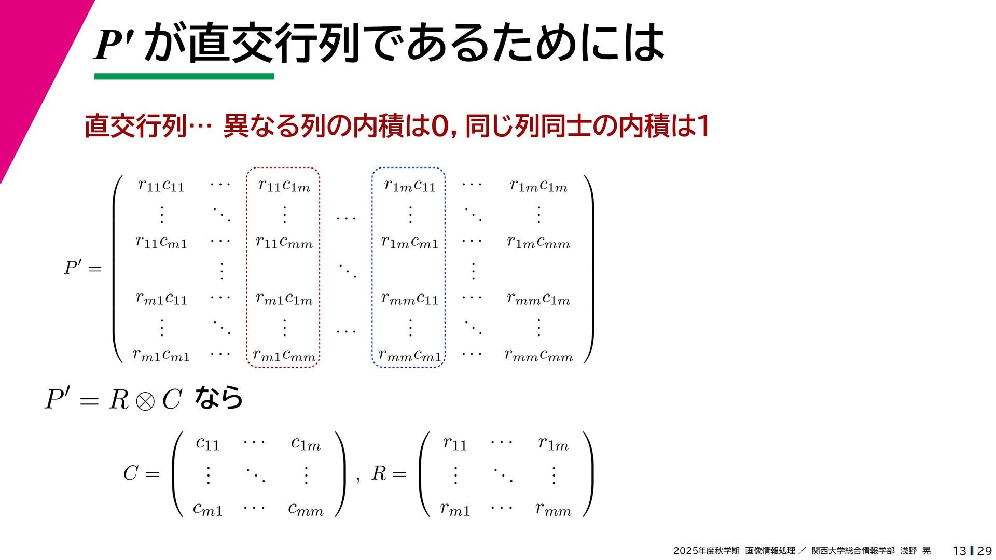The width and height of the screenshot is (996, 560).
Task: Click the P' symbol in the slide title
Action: (x=114, y=44)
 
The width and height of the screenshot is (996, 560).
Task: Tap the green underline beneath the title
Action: (x=184, y=76)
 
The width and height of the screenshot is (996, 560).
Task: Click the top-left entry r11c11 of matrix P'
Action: (x=161, y=185)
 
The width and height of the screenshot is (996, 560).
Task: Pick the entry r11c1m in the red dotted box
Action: (x=284, y=185)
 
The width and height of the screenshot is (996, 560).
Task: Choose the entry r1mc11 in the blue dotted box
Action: (x=410, y=185)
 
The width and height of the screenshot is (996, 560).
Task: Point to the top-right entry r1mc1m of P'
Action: (x=538, y=185)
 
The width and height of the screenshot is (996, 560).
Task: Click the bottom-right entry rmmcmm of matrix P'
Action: (x=538, y=355)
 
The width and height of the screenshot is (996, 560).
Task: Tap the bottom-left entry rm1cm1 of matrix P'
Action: (x=161, y=355)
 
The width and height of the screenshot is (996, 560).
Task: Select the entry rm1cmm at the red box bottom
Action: (x=284, y=355)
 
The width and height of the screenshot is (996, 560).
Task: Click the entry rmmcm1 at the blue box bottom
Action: (x=410, y=355)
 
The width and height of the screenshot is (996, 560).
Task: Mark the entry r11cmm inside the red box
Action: (x=284, y=242)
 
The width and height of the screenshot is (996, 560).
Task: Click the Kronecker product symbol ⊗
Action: (x=145, y=401)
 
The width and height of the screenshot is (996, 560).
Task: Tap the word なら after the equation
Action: (x=218, y=398)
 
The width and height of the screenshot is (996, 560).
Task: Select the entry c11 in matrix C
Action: (x=208, y=443)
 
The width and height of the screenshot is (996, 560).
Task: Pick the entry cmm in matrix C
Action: (x=306, y=509)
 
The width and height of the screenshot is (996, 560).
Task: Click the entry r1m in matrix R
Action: (x=553, y=443)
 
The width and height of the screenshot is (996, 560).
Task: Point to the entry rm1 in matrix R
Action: (x=455, y=509)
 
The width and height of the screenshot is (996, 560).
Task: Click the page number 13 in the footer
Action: (x=959, y=551)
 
